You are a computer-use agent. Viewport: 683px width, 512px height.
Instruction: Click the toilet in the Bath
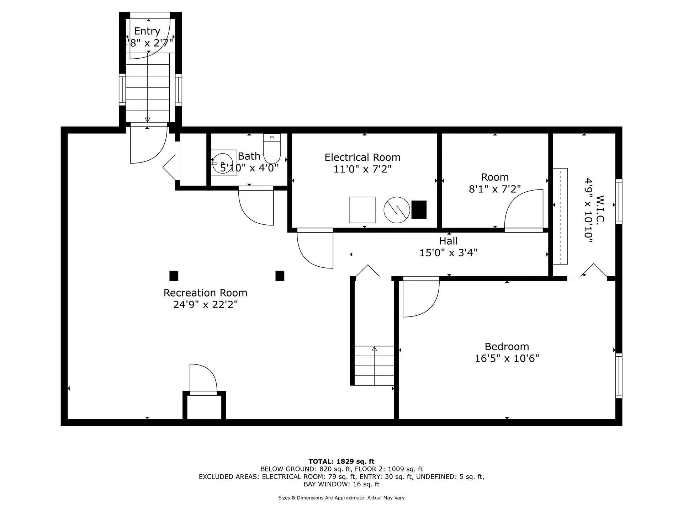click(x=272, y=149)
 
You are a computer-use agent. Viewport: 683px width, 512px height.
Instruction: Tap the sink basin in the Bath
click(x=223, y=162)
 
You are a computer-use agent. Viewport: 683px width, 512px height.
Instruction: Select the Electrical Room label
click(x=362, y=158)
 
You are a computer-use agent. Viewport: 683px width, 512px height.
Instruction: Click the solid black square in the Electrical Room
click(x=419, y=209)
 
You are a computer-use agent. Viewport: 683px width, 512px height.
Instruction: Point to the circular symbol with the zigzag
click(x=397, y=210)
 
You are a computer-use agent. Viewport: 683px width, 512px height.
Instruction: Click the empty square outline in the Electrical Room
click(x=362, y=210)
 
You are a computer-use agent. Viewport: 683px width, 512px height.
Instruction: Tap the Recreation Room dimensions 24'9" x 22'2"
click(x=205, y=305)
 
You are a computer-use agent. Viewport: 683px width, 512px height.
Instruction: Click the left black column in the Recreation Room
click(x=174, y=276)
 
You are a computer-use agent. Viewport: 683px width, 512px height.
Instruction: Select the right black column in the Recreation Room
click(x=280, y=276)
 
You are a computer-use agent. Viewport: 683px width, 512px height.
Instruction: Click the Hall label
click(x=448, y=241)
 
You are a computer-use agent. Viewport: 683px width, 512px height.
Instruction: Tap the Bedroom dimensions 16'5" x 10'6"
click(x=507, y=358)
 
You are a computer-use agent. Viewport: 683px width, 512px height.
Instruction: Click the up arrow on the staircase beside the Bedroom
click(x=374, y=349)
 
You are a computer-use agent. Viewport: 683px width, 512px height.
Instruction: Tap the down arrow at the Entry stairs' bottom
click(x=148, y=119)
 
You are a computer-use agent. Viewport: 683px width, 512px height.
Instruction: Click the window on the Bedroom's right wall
click(x=619, y=376)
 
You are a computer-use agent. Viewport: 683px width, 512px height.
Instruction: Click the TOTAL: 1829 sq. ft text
click(x=341, y=462)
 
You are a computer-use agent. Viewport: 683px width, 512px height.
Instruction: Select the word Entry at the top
click(x=147, y=31)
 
